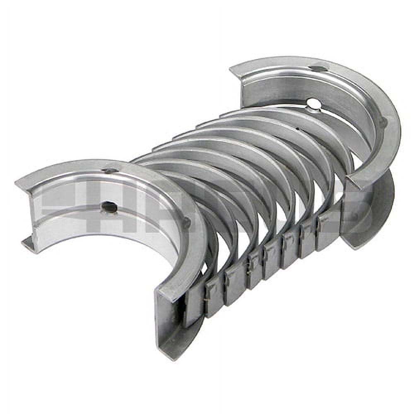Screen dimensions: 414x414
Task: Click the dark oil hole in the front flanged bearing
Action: [109, 207]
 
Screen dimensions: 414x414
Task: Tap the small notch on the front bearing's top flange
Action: [110, 171]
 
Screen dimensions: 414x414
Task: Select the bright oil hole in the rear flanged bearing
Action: [314, 103]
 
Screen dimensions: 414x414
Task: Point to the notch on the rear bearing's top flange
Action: [319, 69]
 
